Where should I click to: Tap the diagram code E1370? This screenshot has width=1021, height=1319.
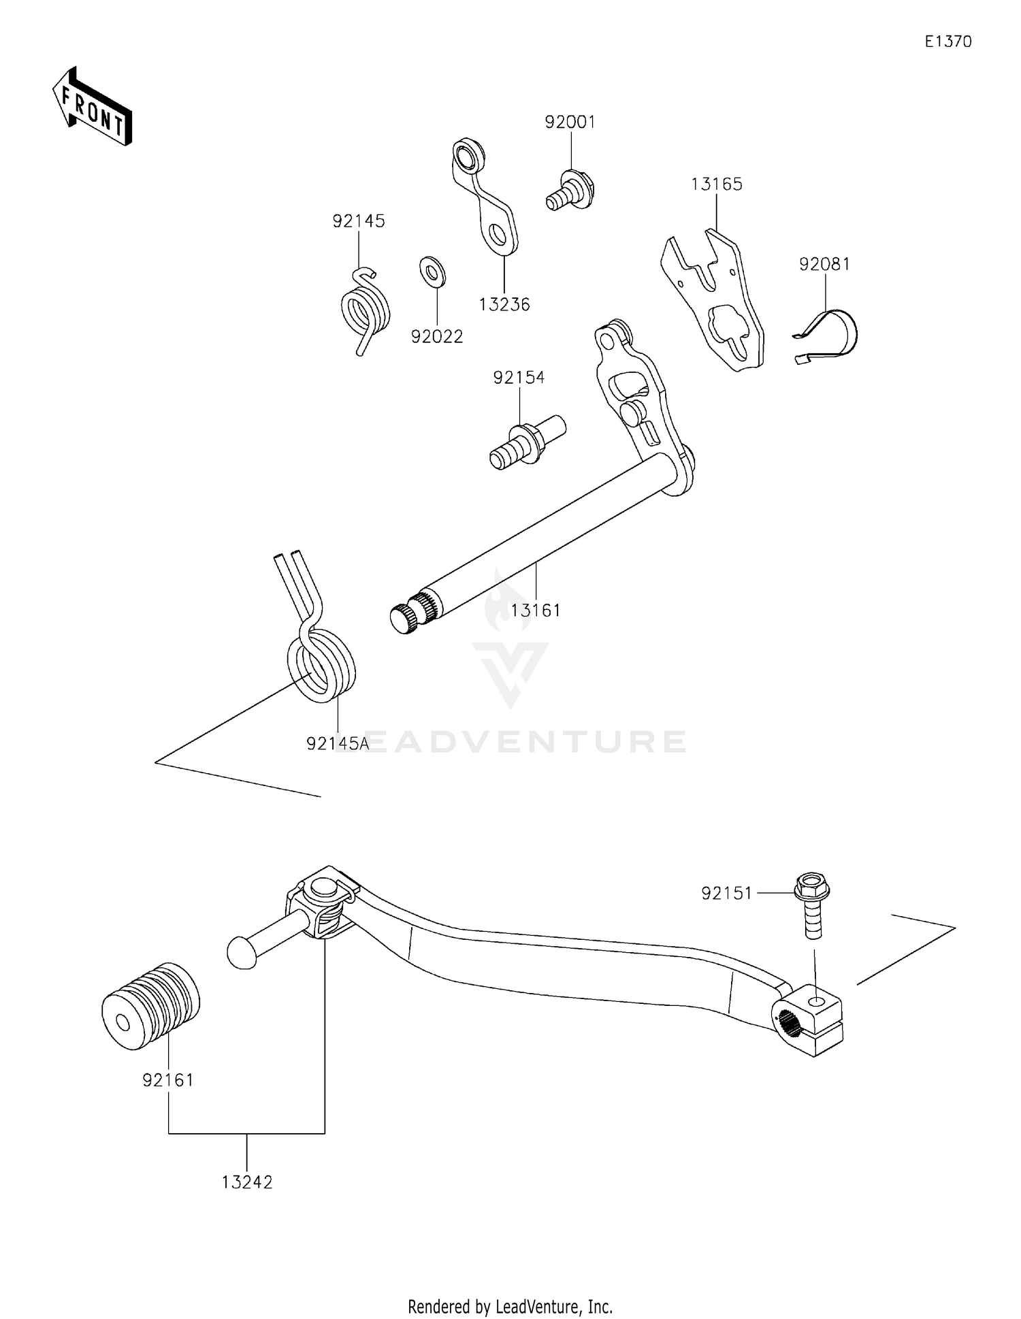947,42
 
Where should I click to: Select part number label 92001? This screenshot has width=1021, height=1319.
570,123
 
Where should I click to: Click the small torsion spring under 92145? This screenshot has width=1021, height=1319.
366,310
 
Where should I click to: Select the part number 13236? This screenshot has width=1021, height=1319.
504,305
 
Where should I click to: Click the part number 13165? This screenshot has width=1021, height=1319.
716,184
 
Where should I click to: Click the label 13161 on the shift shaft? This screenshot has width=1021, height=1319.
536,610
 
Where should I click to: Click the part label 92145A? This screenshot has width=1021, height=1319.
338,744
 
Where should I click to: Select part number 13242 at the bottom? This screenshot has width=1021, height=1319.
246,1182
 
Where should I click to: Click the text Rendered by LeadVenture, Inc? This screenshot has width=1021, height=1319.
510,1306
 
